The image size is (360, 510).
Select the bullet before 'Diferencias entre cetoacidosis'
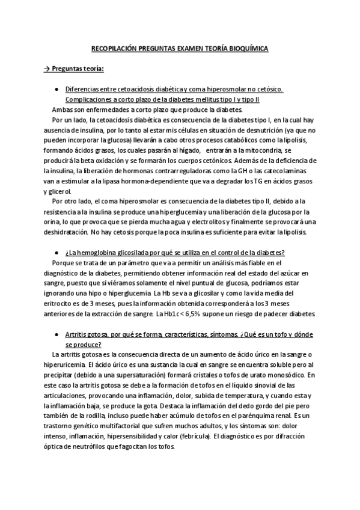(55, 88)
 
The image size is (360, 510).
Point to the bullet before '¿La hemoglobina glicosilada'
(55, 252)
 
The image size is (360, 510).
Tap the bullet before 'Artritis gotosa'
(55, 334)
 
